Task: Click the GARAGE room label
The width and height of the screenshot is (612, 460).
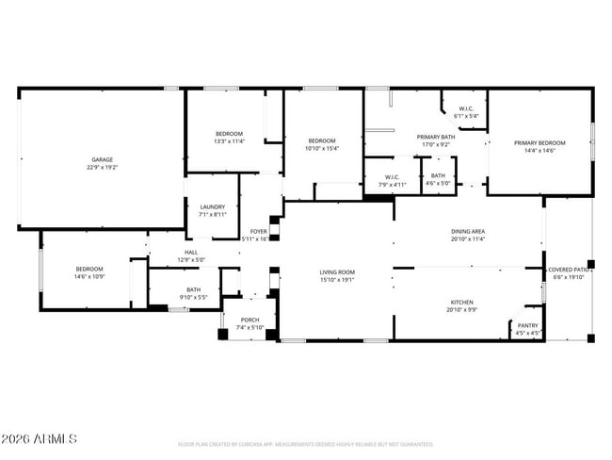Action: (103, 159)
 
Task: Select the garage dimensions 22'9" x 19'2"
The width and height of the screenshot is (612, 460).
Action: (103, 167)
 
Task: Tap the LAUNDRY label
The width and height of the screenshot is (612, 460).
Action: (212, 206)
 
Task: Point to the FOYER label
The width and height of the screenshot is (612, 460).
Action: (258, 231)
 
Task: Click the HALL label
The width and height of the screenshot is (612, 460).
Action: (191, 253)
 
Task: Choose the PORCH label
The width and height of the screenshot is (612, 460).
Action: (250, 320)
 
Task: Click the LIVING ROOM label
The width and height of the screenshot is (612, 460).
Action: (336, 271)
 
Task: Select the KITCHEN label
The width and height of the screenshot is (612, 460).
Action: (461, 303)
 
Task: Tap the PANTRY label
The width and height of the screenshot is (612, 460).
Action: (527, 325)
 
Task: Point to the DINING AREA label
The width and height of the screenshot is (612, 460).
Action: (467, 231)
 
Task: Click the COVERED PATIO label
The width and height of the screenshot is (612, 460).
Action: (570, 270)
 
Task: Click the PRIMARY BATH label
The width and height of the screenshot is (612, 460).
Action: (436, 137)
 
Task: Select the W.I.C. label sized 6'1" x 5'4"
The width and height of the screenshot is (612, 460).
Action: (466, 109)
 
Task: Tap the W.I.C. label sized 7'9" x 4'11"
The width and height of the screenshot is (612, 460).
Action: (393, 177)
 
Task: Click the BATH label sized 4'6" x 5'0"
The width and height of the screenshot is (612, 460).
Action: (438, 175)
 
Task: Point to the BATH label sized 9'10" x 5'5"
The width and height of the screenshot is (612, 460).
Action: (193, 289)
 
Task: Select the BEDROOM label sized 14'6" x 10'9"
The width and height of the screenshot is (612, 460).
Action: (89, 270)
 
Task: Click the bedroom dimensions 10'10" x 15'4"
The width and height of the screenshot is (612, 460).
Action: (321, 148)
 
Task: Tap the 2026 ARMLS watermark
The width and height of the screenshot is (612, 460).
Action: (40, 440)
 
